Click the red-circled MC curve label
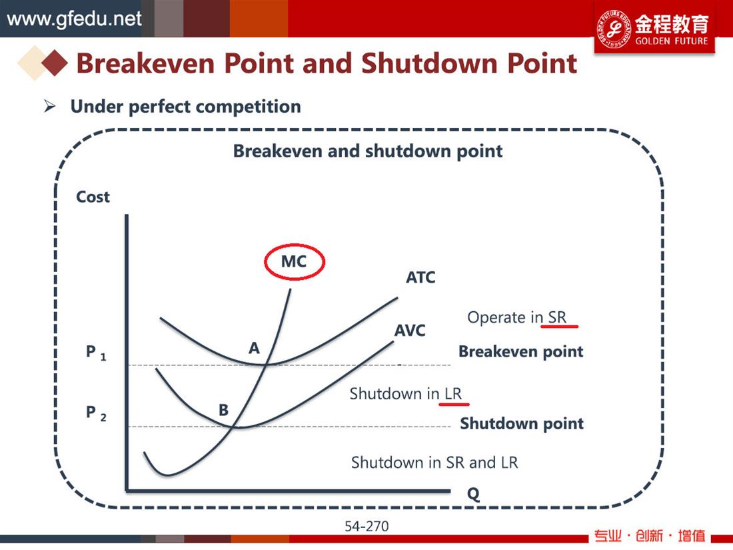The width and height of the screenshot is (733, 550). (294, 261)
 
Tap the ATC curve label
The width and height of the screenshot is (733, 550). (420, 277)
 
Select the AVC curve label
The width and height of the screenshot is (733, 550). (410, 331)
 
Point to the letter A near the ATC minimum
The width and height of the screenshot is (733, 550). (254, 348)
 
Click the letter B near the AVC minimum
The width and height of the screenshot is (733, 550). (224, 410)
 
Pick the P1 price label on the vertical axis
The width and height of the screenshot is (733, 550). (96, 352)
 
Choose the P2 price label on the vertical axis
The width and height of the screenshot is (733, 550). (96, 413)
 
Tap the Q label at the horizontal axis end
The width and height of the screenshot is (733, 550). (474, 494)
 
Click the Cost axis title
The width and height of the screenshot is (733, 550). (93, 197)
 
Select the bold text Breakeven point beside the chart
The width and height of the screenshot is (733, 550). (521, 351)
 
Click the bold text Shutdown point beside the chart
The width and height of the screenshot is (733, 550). (522, 423)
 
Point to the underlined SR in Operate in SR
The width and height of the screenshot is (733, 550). (557, 317)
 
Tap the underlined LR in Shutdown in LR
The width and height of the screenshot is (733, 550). (453, 394)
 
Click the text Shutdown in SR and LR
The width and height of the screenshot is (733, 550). (434, 463)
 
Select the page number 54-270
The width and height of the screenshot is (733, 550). (366, 527)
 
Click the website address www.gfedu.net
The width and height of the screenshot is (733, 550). (74, 19)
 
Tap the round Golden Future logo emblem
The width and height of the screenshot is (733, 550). (614, 28)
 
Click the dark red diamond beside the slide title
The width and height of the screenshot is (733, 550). (55, 63)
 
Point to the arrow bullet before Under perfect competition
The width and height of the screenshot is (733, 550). (49, 106)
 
